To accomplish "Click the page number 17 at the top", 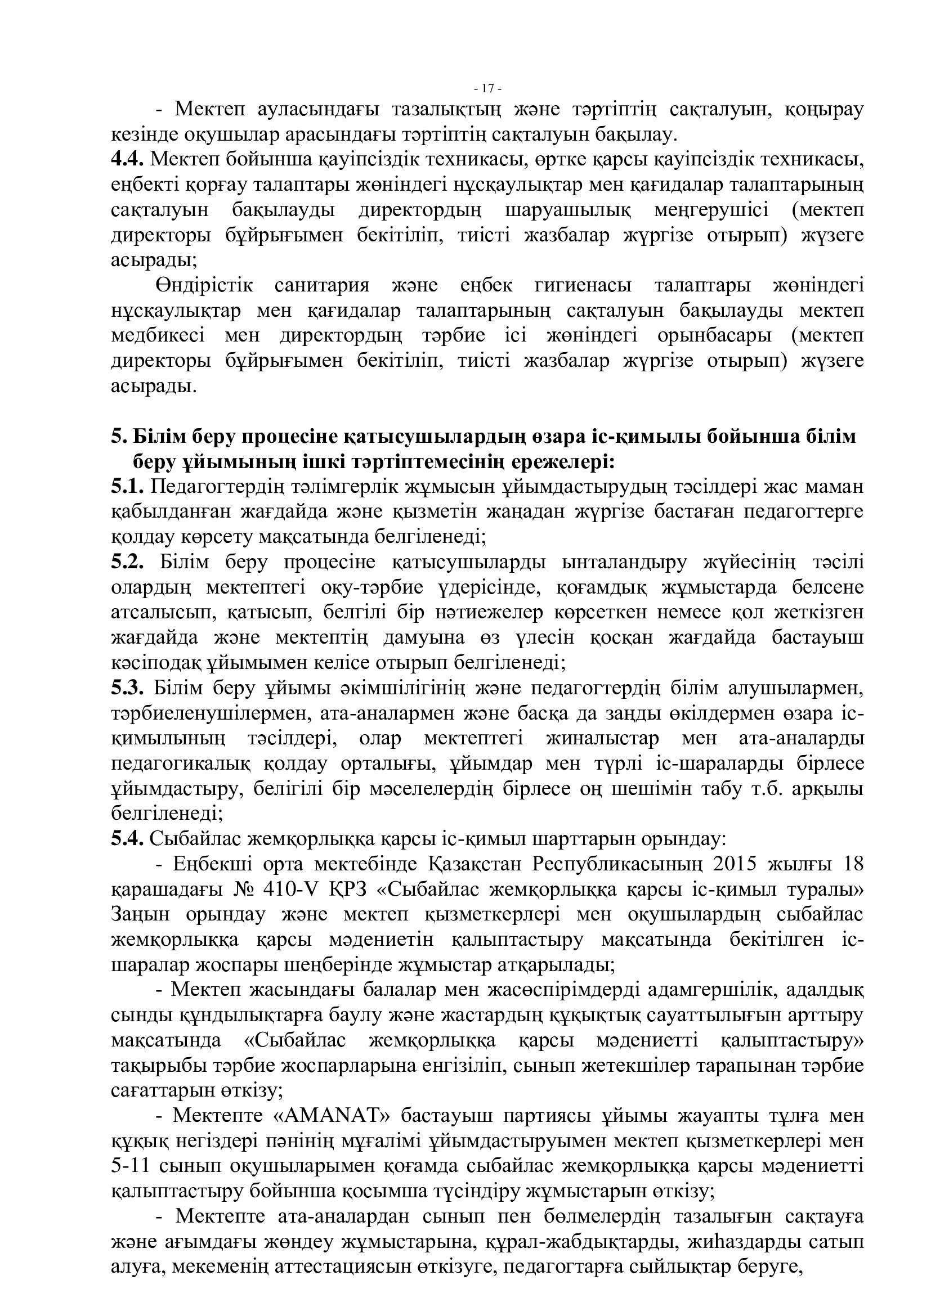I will point(489,89).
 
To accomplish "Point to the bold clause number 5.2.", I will point(127,562).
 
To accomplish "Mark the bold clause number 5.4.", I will point(127,839).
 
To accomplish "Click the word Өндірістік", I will point(204,285).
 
